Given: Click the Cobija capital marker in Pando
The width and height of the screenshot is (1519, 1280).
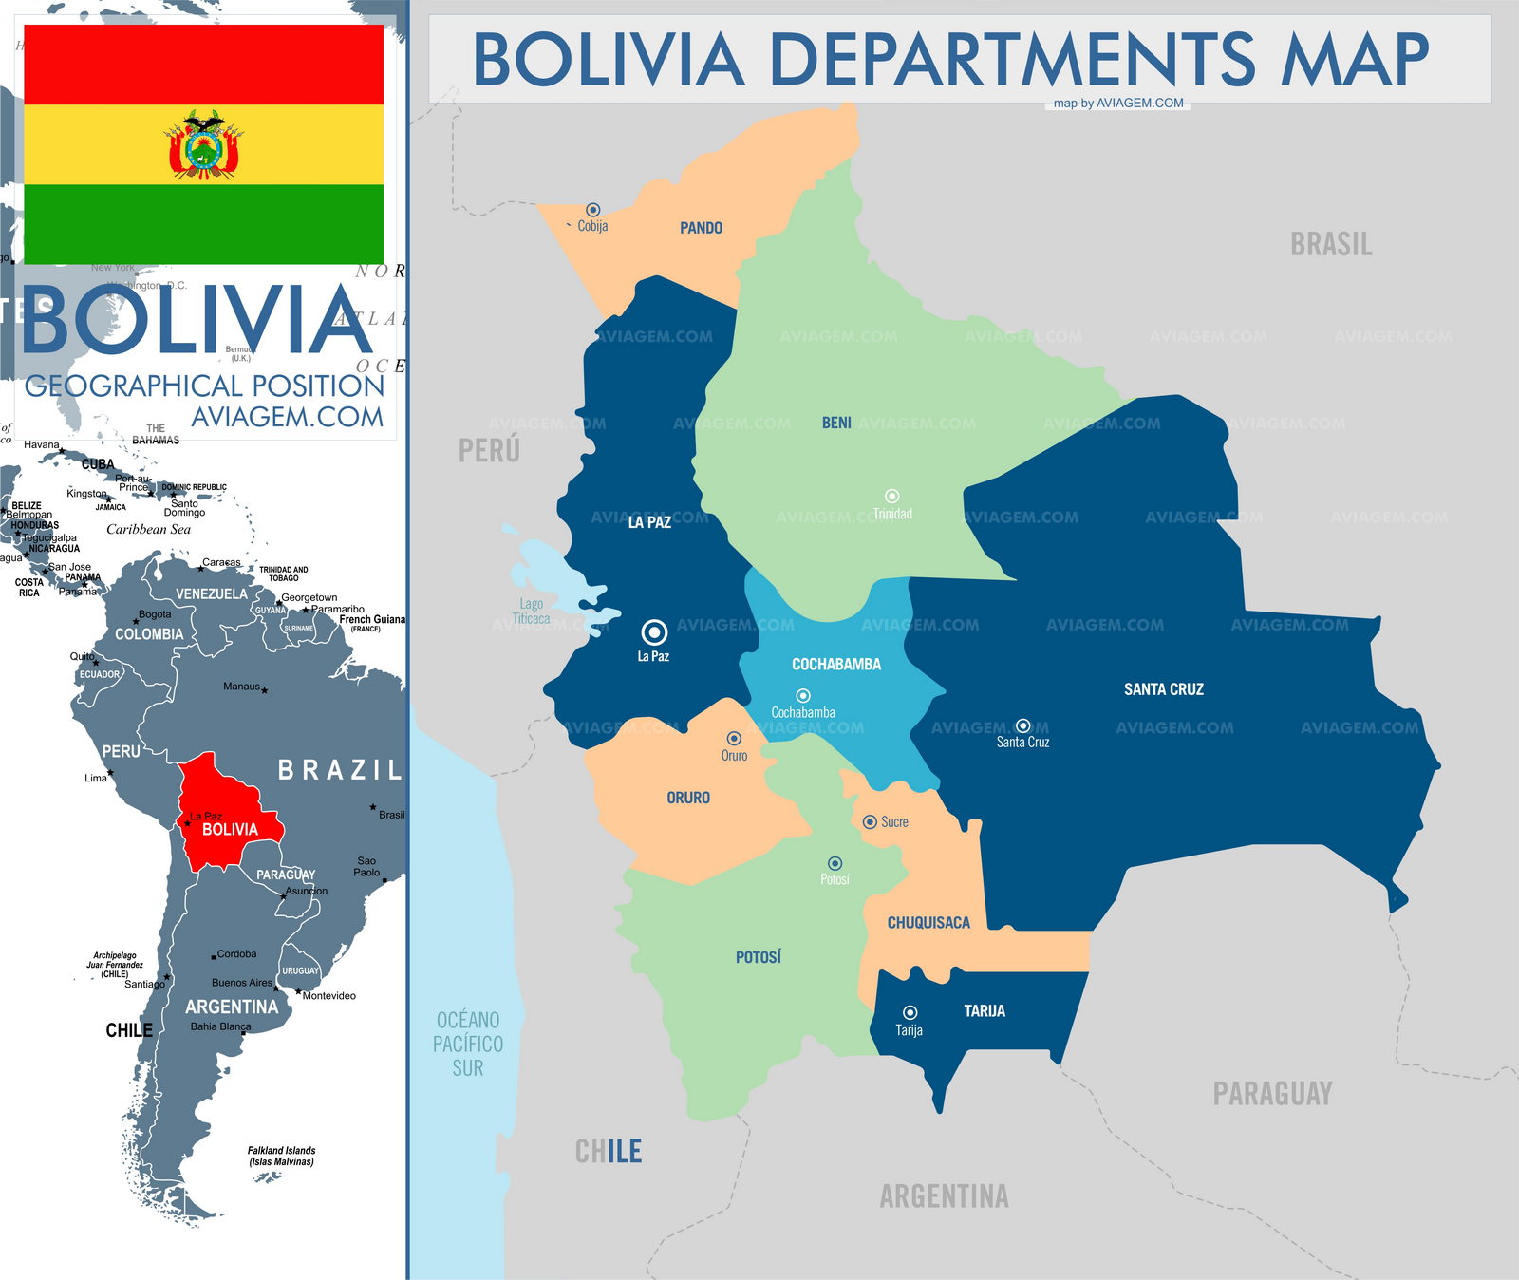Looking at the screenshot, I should tap(593, 210).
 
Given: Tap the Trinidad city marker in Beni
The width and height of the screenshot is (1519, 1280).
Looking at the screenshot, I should tap(892, 496).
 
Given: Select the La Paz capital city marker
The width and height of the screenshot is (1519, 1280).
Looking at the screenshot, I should tap(654, 631).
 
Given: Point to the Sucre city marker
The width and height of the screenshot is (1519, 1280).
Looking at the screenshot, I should tap(870, 822).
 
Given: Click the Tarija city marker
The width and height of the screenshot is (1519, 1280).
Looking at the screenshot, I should tap(910, 1012).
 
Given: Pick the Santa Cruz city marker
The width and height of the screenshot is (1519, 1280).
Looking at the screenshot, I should tap(1022, 725).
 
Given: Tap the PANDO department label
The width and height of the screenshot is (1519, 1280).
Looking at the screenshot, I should tap(701, 228).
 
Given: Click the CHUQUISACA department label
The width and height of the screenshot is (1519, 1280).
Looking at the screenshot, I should tap(928, 923).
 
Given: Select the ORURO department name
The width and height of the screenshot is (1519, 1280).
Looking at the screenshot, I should tap(688, 798).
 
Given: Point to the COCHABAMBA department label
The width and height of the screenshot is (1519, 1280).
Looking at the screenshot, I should tap(836, 665).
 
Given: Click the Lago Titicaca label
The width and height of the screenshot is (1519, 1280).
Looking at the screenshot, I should tap(532, 612).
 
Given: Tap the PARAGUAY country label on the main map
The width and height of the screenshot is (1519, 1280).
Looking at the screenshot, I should tap(1272, 1094).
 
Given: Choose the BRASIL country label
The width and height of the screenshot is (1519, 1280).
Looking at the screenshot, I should tap(1331, 245).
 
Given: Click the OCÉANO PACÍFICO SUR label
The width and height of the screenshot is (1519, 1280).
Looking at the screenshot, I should tap(468, 1044).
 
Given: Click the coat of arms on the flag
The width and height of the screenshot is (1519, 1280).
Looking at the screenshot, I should tap(204, 144).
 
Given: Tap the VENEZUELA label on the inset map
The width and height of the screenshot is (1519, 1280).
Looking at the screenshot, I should tap(211, 593).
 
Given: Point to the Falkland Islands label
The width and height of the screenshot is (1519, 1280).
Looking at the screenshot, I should tap(281, 1156).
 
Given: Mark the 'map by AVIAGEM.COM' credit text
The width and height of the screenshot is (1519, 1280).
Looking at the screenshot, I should tap(1118, 104).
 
